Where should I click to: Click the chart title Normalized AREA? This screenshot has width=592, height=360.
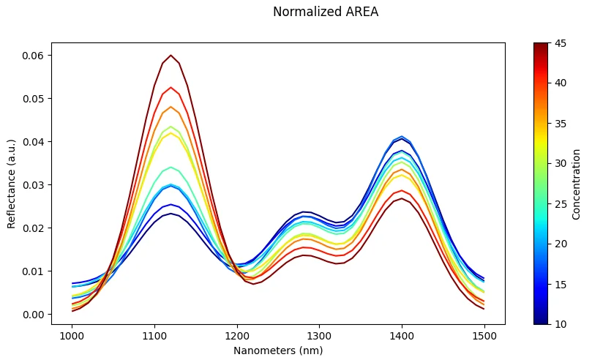click(x=325, y=12)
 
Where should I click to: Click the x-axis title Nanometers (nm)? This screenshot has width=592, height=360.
click(x=278, y=350)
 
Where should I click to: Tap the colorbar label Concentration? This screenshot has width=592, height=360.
click(x=577, y=183)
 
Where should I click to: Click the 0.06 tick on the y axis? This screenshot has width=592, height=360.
click(x=33, y=56)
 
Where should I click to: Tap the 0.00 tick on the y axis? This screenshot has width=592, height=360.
click(x=33, y=315)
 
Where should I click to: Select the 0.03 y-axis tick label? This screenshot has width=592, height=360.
click(x=33, y=185)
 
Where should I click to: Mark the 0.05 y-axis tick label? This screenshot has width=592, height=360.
click(x=33, y=99)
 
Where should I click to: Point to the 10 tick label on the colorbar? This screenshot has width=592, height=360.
click(x=560, y=323)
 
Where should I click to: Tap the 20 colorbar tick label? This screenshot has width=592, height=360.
click(x=560, y=243)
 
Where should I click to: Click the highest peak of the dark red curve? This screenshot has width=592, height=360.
click(x=171, y=55)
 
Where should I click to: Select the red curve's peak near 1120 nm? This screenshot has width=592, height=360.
click(x=171, y=87)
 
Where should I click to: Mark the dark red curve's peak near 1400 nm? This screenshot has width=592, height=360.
click(x=402, y=198)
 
